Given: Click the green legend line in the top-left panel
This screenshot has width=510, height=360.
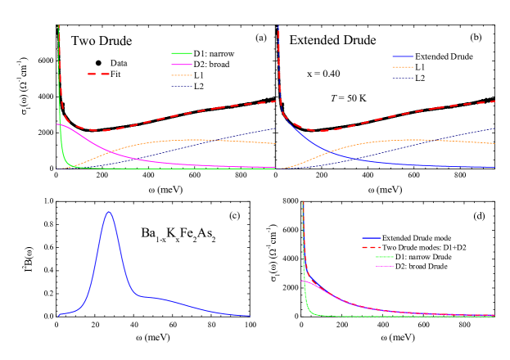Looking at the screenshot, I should click(182, 53).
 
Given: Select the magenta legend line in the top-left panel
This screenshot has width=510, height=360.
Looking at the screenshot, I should click(182, 64).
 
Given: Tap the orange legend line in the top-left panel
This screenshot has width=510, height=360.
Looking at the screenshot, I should click(182, 75).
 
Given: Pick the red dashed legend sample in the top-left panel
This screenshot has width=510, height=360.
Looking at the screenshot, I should click(99, 74).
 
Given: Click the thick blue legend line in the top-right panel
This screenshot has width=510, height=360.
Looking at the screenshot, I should click(403, 56).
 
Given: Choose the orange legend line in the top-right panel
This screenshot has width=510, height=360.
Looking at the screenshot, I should click(403, 67).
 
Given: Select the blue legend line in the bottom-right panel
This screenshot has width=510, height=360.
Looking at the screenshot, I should click(372, 238).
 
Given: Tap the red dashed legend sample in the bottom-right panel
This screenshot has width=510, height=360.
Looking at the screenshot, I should click(372, 247).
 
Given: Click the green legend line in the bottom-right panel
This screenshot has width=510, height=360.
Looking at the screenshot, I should click(384, 257).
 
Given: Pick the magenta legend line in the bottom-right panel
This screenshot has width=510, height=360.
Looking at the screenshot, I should click(384, 267).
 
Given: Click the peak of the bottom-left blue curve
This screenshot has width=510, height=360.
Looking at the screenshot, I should click(109, 212).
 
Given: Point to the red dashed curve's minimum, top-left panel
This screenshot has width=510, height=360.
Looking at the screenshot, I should click(102, 130).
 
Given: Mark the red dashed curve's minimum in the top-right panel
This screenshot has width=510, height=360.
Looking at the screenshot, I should click(323, 130).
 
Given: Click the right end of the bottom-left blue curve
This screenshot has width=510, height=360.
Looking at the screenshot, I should click(249, 316).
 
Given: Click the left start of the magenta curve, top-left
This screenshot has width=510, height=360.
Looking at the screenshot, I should click(57, 124).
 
